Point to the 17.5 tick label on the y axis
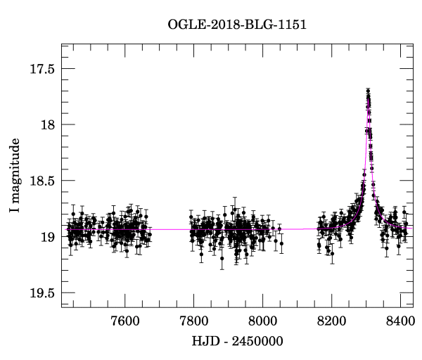(41, 69)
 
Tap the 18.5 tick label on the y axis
(41, 181)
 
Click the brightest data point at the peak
(368, 91)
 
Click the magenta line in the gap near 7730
(169, 229)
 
